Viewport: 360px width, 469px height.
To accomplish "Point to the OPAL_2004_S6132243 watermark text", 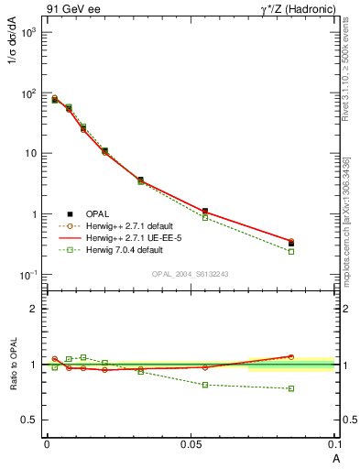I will coord(191,275).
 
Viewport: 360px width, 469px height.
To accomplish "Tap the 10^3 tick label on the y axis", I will coord(27,32).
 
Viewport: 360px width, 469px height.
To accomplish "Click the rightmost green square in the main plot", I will coord(291,251).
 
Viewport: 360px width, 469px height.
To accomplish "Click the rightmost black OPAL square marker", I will coord(291,244).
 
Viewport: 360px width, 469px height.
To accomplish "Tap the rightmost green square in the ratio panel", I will coord(291,388).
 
